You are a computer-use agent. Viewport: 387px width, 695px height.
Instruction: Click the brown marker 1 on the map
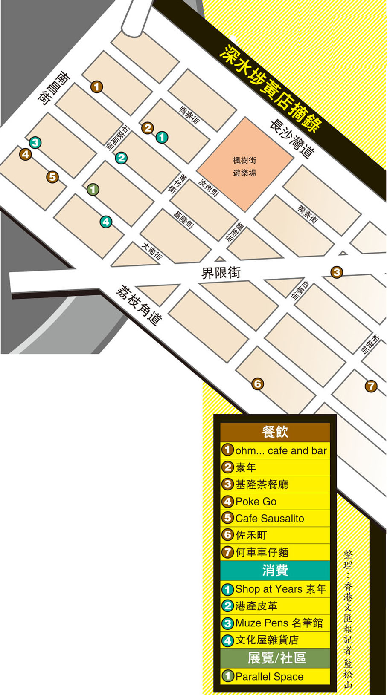[x=97, y=87]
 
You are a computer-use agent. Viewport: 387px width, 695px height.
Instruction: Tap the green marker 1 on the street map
[x=93, y=190]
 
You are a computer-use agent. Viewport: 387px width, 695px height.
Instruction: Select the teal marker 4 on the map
[x=106, y=222]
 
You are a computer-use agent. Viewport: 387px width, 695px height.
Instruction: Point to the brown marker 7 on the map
[x=371, y=386]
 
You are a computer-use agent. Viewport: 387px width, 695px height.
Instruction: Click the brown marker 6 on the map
[x=257, y=384]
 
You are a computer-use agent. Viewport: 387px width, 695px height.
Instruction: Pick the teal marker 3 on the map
[x=35, y=142]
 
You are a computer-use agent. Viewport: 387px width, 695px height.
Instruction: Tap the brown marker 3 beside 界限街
[x=337, y=272]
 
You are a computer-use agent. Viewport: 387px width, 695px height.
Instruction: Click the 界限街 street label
[x=221, y=273]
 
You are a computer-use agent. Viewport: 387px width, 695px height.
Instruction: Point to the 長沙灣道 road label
[x=292, y=138]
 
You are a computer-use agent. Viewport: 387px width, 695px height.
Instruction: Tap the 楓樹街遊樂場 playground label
[x=244, y=167]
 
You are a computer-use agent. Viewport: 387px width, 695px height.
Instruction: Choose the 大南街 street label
[x=152, y=251]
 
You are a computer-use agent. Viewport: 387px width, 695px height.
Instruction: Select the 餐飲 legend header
[x=275, y=432]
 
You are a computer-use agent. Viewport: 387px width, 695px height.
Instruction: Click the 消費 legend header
[x=275, y=570]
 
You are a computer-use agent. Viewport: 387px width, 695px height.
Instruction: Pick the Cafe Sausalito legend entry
[x=269, y=519]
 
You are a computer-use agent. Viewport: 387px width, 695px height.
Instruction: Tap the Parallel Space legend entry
[x=269, y=677]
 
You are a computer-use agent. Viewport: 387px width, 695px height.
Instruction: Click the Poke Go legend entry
[x=256, y=502]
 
